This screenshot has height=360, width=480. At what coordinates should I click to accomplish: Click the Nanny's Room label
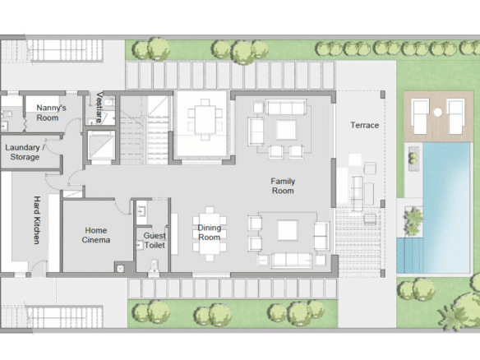51,113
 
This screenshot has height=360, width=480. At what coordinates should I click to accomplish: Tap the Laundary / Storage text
25,152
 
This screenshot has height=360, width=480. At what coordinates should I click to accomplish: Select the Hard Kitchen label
37,220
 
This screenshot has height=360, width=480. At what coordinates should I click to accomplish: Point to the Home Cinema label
96,235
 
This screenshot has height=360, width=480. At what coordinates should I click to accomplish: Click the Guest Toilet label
155,240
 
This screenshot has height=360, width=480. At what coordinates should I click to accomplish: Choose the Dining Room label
210,233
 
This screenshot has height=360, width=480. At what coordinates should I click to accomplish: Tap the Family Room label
283,186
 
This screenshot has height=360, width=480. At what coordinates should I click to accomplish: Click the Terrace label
365,125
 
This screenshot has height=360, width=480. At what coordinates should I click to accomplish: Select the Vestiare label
99,108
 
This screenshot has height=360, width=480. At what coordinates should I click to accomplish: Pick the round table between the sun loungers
438,113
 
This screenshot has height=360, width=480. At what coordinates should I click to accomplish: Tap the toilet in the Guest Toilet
154,265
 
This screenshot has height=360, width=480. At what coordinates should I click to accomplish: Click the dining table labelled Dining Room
210,234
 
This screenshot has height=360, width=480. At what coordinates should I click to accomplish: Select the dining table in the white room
205,119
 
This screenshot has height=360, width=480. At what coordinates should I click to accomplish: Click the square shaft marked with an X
120,269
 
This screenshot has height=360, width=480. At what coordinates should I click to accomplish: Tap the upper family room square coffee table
287,130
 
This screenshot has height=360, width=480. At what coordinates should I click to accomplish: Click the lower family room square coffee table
287,230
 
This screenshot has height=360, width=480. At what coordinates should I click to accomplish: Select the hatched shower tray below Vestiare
100,145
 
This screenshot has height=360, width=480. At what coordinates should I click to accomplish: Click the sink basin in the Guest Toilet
141,211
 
